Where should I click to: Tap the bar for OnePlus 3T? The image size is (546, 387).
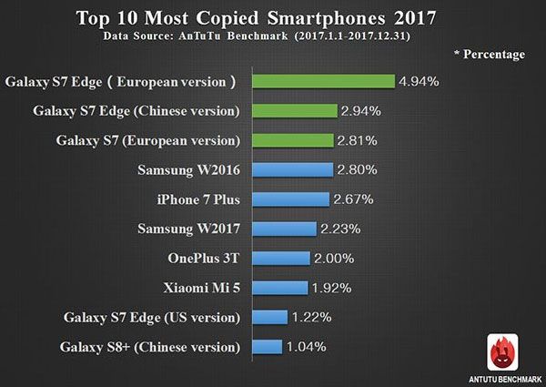[279, 258]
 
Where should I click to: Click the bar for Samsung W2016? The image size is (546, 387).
[291, 170]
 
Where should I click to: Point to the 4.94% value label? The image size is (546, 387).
[419, 81]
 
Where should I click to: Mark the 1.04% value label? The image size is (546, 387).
[308, 346]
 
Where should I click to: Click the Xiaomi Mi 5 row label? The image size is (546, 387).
[196, 288]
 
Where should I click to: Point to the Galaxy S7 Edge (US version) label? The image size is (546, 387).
[152, 317]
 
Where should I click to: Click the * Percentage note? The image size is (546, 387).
[489, 55]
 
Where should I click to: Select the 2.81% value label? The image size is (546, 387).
[356, 141]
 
